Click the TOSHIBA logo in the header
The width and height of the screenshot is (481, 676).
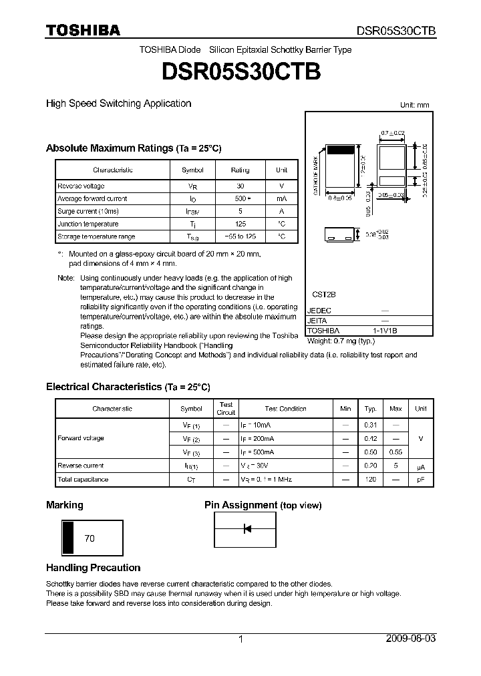pyautogui.click(x=83, y=30)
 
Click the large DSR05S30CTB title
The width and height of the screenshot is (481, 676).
pyautogui.click(x=240, y=71)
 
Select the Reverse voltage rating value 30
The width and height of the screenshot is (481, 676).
pyautogui.click(x=240, y=186)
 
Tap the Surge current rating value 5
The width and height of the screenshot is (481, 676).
pyautogui.click(x=240, y=212)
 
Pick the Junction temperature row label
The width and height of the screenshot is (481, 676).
pyautogui.click(x=88, y=224)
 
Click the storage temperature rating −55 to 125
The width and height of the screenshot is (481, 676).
pyautogui.click(x=240, y=237)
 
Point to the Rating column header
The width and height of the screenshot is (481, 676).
pyautogui.click(x=240, y=170)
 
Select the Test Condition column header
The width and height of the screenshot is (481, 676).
pyautogui.click(x=285, y=409)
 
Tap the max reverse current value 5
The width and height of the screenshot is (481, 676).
pyautogui.click(x=395, y=466)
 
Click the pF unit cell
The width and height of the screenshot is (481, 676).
pyautogui.click(x=420, y=480)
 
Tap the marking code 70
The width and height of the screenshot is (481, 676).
pyautogui.click(x=90, y=538)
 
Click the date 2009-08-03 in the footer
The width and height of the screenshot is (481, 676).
pyautogui.click(x=411, y=639)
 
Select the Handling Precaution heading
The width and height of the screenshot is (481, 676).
pyautogui.click(x=93, y=568)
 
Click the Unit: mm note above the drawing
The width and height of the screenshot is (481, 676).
pyautogui.click(x=415, y=105)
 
